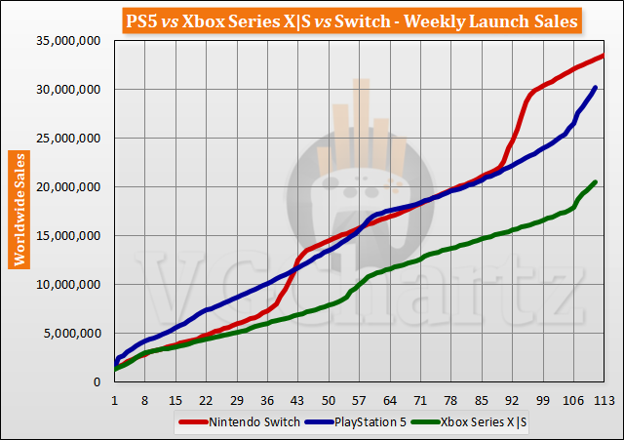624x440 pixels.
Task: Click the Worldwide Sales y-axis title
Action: (18, 209)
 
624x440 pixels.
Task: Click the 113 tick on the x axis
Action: (603, 400)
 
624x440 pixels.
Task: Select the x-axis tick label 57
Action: (359, 400)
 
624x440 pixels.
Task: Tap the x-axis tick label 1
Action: (115, 400)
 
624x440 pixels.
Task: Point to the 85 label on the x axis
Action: (481, 400)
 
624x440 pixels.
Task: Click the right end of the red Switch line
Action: (603, 56)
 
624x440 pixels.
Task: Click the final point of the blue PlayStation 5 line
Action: (595, 88)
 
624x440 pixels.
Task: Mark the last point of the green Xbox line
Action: (595, 182)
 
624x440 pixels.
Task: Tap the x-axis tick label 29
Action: (237, 400)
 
